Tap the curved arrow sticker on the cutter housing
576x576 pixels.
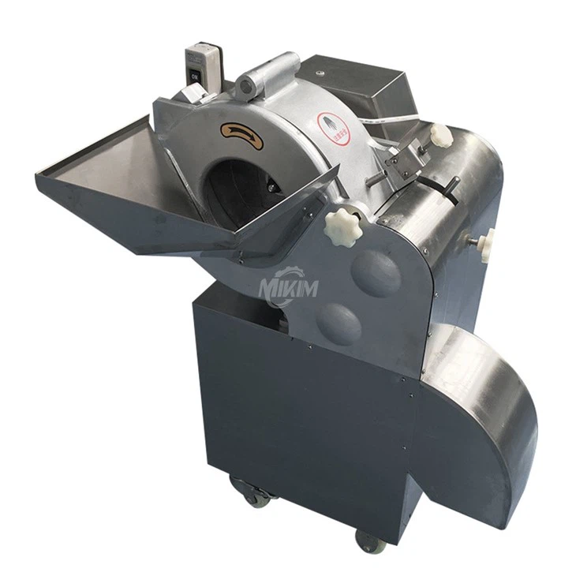[x=242, y=135]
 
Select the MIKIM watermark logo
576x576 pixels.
[x=288, y=285]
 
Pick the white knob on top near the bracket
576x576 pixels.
[x=441, y=135]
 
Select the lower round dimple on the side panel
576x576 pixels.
[x=339, y=324]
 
